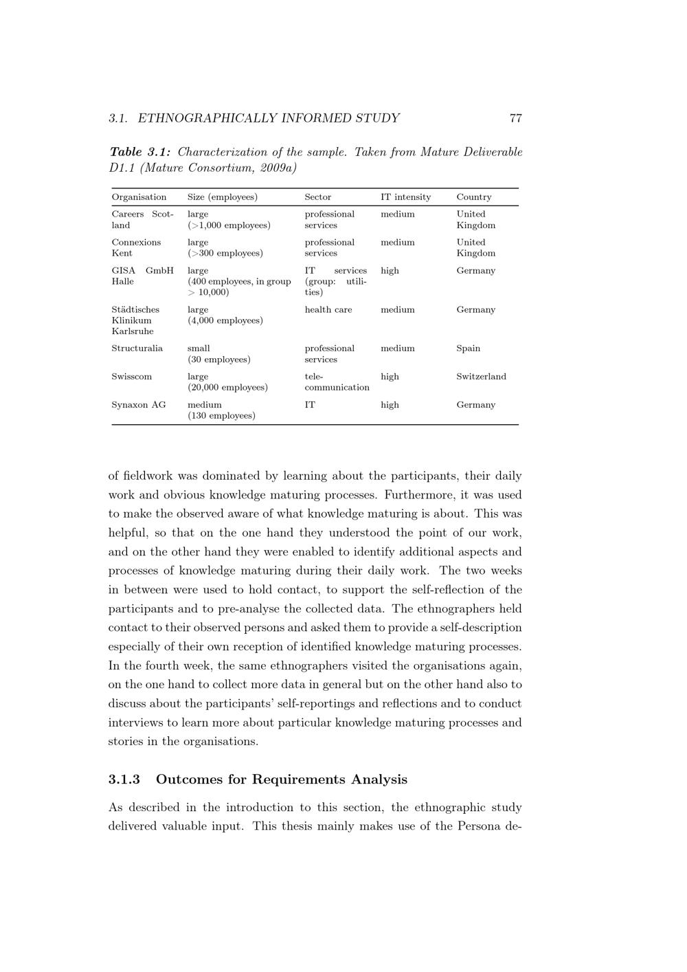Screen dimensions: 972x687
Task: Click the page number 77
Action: [x=515, y=118]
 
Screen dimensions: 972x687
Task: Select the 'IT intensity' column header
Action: [x=405, y=197]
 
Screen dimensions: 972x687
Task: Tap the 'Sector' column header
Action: [x=317, y=197]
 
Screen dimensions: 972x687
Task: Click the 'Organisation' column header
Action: [x=139, y=197]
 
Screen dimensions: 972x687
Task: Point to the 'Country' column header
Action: [x=474, y=197]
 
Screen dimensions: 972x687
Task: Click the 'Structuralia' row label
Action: [x=137, y=349]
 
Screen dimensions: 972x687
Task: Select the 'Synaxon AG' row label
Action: [x=138, y=405]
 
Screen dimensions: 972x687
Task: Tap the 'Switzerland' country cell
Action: [x=481, y=377]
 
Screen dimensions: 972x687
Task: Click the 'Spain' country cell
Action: [x=468, y=349]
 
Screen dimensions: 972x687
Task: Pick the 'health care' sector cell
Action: [x=328, y=310]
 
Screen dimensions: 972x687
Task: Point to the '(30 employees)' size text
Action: [x=218, y=360]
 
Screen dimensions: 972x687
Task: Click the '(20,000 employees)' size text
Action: [x=227, y=388]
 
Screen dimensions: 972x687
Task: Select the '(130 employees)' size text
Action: [x=221, y=416]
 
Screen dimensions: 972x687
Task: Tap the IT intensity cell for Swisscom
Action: [x=390, y=377]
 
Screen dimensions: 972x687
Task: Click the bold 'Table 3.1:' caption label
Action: [x=140, y=152]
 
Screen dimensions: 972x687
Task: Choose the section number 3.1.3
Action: [x=124, y=780]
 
